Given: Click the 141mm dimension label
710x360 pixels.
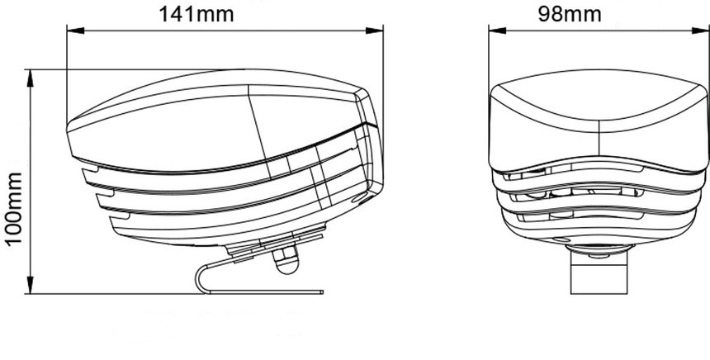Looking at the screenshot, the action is tap(196, 14).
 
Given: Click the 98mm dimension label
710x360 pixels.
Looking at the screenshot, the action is tap(570, 14).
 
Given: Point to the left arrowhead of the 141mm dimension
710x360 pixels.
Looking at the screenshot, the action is tap(76, 31).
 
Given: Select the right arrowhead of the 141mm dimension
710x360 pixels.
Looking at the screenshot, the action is tap(375, 31).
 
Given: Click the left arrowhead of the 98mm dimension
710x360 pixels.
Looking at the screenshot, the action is tap(497, 31).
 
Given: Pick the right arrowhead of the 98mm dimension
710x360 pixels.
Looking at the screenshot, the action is tap(700, 31).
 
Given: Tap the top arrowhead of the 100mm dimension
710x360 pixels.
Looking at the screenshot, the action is tap(31, 78).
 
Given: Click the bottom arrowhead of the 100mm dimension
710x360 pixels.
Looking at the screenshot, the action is tap(31, 285).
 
